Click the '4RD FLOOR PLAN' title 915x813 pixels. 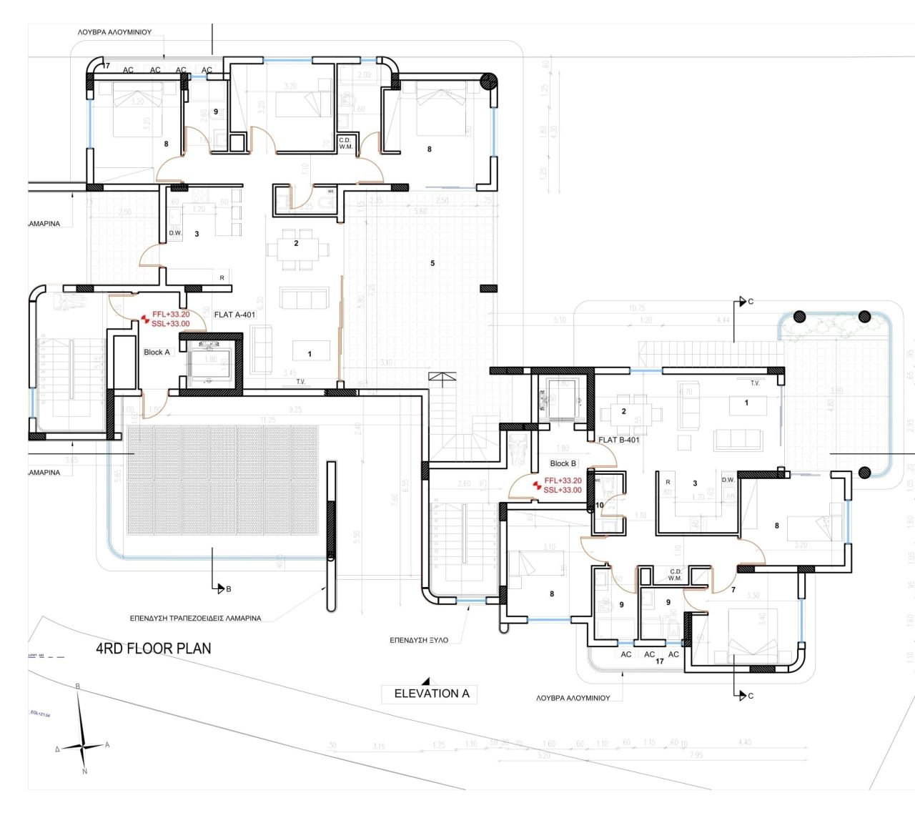pos(154,649)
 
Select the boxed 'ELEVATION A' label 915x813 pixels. pos(431,693)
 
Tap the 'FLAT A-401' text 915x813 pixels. pos(234,315)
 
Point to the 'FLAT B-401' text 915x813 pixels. pos(619,440)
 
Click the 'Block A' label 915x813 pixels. pos(157,352)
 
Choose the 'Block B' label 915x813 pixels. pos(563,463)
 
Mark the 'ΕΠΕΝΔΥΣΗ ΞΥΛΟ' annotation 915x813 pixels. pos(419,640)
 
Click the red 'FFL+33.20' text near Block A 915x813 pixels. pos(171,314)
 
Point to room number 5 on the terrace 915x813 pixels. pos(432,263)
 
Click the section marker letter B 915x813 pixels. pos(228,589)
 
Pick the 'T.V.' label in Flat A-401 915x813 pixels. pos(301,382)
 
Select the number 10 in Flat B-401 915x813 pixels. pos(599,505)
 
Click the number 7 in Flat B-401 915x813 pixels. pos(733,590)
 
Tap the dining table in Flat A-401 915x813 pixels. pos(298,250)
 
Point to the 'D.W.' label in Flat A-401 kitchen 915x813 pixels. pos(175,233)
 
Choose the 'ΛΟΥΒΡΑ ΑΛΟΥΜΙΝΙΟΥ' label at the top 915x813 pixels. pos(114,32)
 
